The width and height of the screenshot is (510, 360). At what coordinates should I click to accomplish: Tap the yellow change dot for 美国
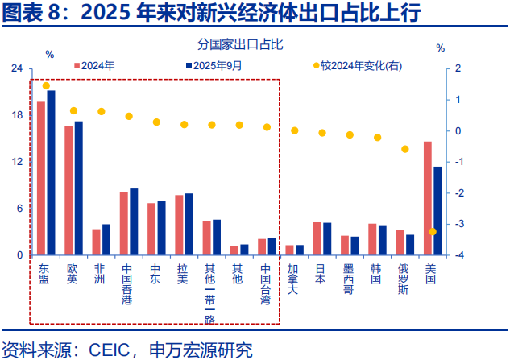tap(433, 232)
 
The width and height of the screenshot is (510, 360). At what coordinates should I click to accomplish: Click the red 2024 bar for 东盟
tap(41, 178)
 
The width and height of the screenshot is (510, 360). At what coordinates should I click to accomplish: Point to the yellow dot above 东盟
tap(46, 86)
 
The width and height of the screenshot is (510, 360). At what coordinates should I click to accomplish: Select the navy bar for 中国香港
tap(134, 221)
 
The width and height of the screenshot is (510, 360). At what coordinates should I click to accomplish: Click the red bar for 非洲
tap(97, 242)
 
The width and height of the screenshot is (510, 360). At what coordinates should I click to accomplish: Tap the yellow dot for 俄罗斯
tap(405, 149)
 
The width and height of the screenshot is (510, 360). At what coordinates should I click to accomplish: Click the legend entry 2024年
tap(97, 65)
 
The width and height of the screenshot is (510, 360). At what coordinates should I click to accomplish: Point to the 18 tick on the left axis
tap(16, 115)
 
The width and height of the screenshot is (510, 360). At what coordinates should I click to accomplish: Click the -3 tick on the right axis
tap(458, 225)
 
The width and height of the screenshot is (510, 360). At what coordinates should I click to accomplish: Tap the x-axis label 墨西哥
tap(348, 279)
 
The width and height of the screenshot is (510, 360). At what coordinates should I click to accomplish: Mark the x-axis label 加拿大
tap(293, 279)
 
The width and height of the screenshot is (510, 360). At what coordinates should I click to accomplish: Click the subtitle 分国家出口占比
tap(240, 43)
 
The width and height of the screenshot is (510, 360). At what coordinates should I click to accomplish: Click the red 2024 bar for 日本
tap(317, 238)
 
